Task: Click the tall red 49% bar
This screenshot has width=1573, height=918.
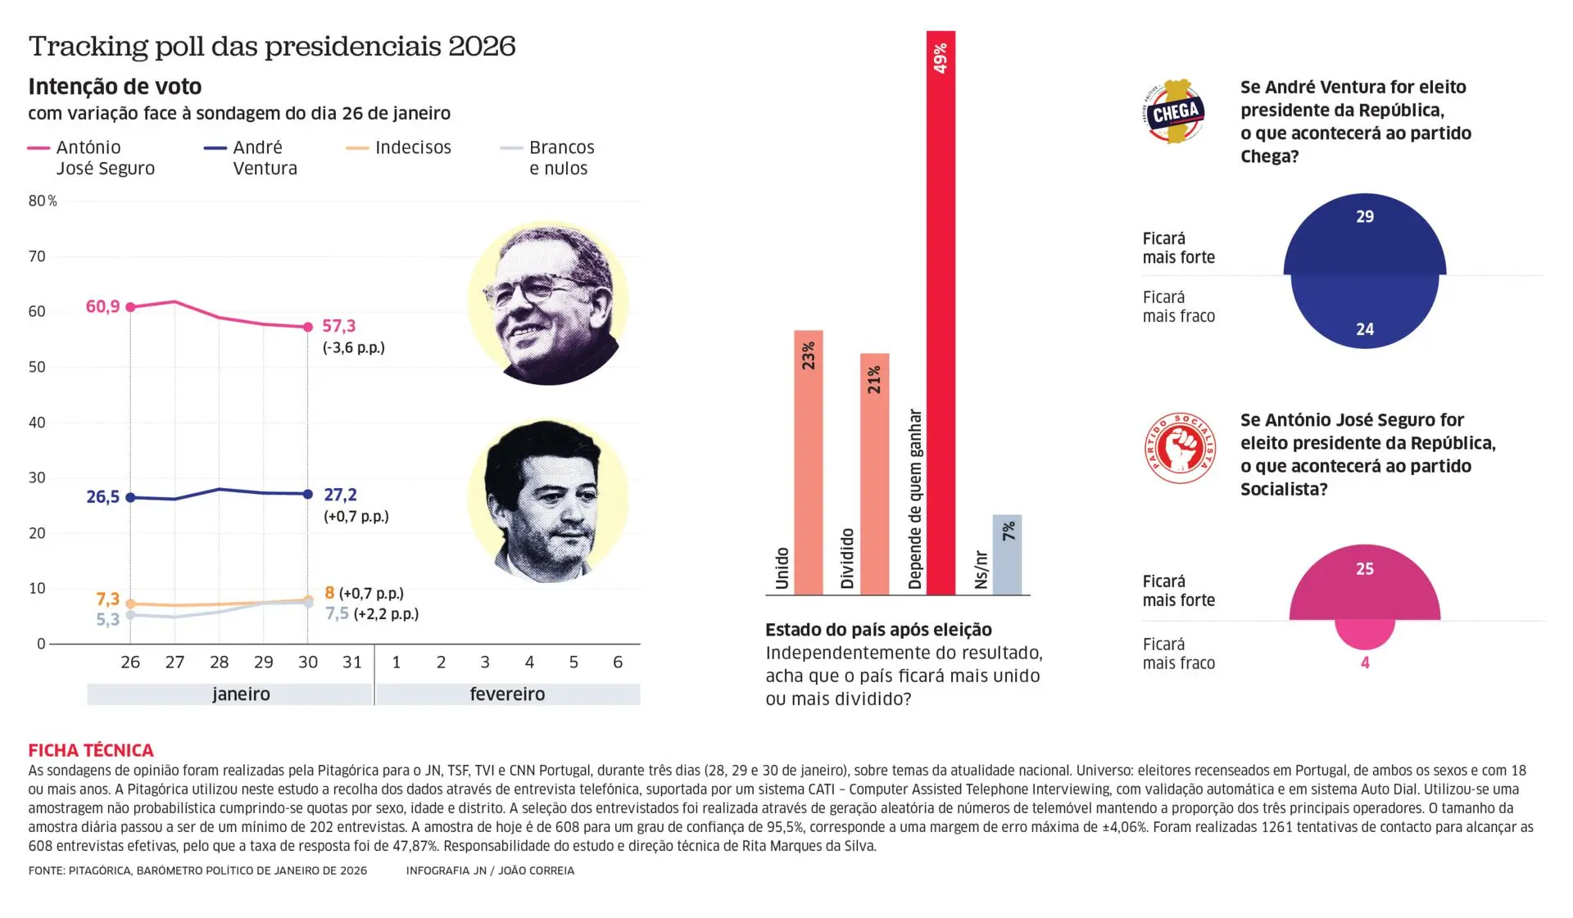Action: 941,311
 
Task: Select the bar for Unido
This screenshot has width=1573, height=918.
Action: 808,463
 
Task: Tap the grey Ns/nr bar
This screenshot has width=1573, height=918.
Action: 1007,554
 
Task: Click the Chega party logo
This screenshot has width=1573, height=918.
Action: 1174,112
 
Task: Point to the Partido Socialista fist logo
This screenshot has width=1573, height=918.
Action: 1179,448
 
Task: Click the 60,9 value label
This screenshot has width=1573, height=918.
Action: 102,306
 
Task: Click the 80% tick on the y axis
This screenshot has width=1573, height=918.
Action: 43,201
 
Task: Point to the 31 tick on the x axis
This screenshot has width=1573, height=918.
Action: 351,662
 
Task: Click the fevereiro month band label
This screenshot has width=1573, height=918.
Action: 507,694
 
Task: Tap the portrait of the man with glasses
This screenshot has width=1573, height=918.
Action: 548,302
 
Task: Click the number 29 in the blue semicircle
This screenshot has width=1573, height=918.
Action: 1364,217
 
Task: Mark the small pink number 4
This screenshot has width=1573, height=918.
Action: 1365,662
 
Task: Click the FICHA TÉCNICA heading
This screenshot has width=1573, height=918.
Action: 91,750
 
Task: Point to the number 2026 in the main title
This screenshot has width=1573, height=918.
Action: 482,46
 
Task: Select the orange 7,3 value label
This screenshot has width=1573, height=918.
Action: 107,599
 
